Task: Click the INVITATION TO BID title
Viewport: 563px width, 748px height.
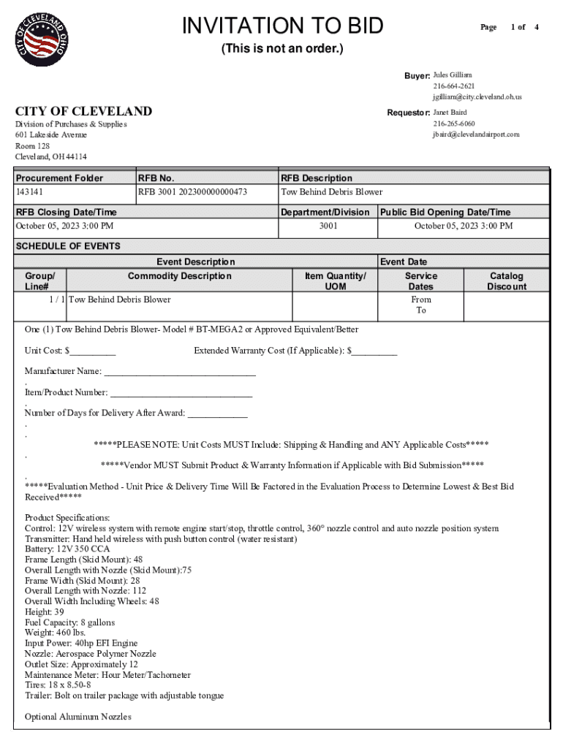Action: [282, 26]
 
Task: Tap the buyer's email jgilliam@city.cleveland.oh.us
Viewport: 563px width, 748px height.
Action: [477, 97]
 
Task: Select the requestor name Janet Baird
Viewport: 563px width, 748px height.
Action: [450, 112]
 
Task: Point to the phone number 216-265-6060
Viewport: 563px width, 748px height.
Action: [453, 123]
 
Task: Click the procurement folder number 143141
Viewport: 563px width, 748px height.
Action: [30, 192]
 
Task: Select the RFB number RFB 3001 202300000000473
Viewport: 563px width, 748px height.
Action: [192, 192]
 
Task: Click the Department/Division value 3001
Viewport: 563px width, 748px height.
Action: [328, 226]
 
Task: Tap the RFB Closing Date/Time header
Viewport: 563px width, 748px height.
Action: [66, 212]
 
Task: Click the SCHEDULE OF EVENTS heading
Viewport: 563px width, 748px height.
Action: [68, 246]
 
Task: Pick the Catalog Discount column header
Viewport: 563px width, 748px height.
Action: [506, 281]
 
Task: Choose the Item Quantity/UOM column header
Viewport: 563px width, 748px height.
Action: [335, 281]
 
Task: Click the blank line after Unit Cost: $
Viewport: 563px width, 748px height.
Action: [93, 351]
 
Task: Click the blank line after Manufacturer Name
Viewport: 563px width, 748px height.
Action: [180, 372]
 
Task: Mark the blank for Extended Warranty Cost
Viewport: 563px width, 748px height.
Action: [375, 351]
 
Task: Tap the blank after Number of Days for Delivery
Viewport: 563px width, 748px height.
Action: [217, 413]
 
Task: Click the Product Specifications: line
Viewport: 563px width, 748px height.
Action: [67, 518]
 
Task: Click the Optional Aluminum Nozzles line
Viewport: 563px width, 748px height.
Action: [78, 717]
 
